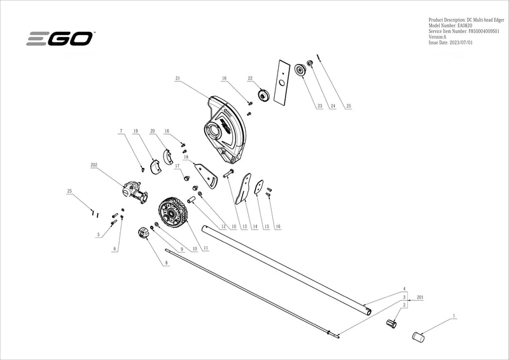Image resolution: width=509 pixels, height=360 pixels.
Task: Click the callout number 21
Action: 178,78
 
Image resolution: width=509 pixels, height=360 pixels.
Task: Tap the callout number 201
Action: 419,297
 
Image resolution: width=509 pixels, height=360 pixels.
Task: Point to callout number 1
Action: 454,315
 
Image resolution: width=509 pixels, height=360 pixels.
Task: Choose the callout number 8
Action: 167,262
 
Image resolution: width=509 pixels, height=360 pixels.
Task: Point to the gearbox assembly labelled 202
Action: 132,190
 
